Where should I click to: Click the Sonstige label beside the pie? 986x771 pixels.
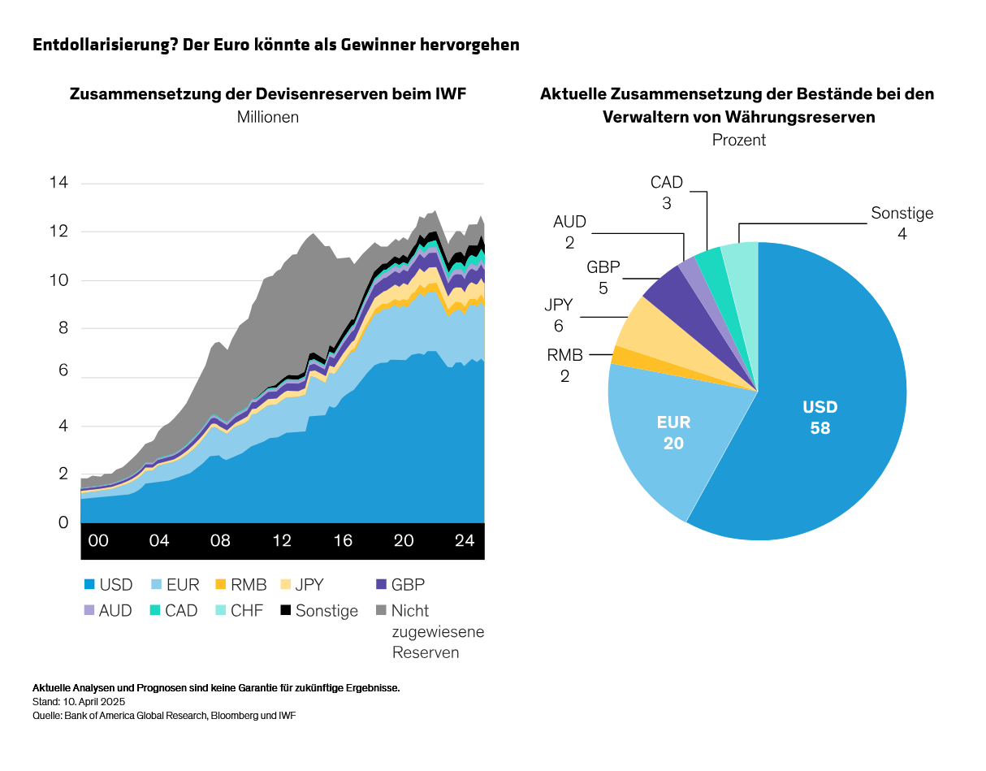(902, 214)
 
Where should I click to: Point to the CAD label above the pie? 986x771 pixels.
(666, 183)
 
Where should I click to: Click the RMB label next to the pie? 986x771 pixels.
(564, 354)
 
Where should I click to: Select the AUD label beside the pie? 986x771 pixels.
(569, 222)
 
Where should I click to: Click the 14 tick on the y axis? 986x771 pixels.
(58, 183)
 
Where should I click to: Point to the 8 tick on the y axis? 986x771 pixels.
(62, 329)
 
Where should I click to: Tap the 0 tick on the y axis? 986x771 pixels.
(62, 523)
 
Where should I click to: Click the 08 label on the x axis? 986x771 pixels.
(220, 541)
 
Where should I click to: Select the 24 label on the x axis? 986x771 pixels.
(464, 541)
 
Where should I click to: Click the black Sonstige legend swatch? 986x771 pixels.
(285, 610)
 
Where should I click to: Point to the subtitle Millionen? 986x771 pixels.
(268, 117)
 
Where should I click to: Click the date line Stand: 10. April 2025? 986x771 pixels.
(79, 701)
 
